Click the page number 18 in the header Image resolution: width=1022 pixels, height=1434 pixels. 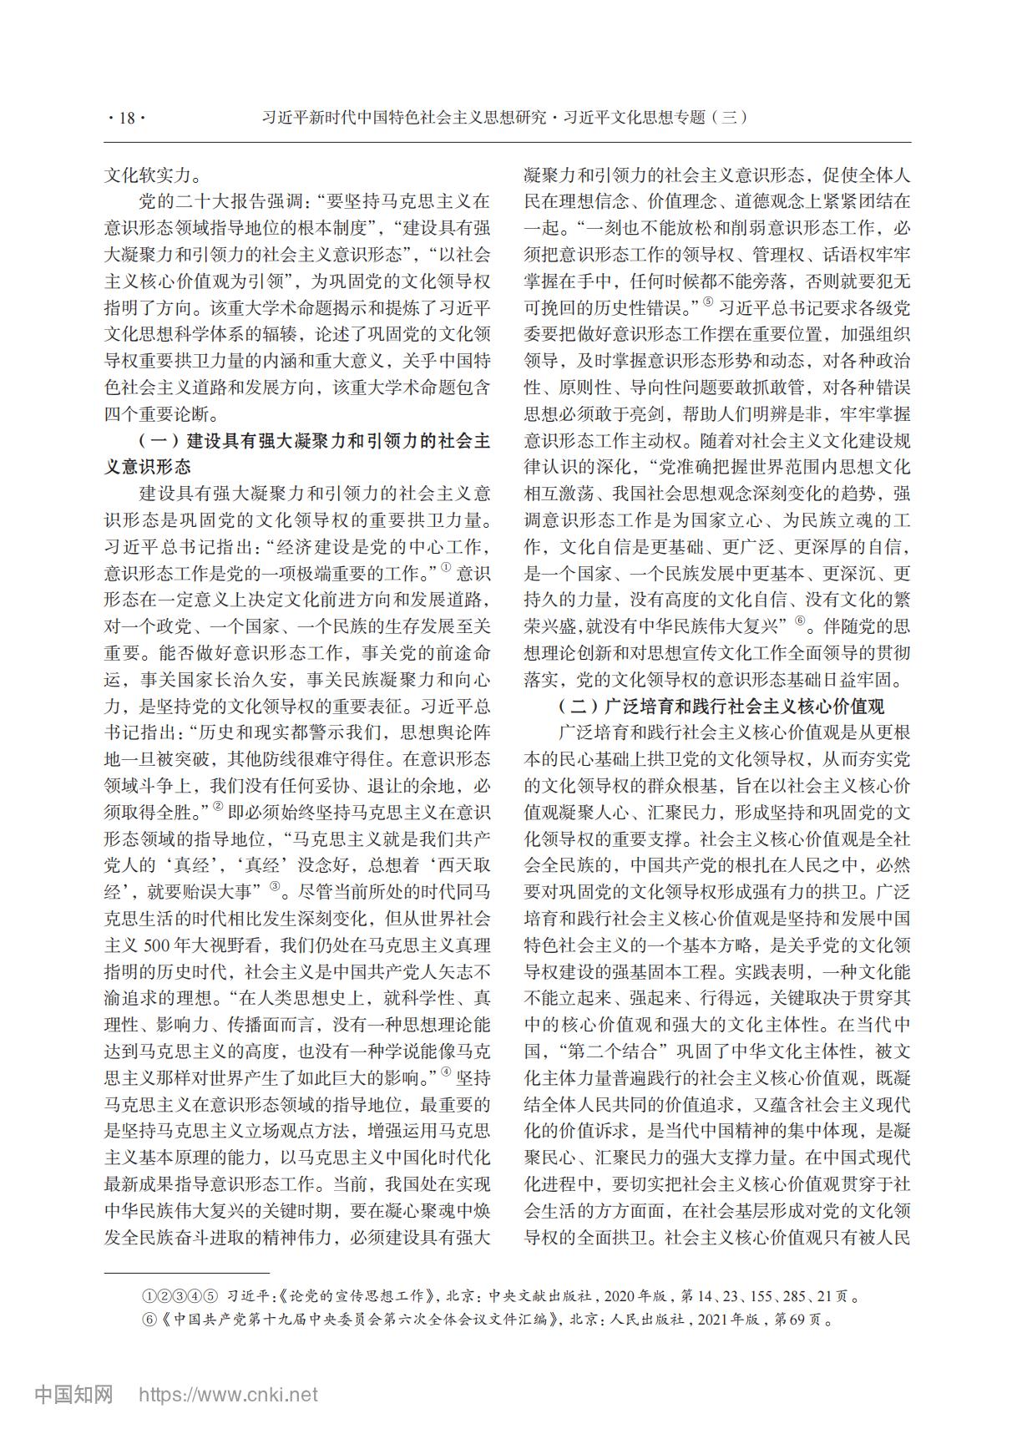point(127,118)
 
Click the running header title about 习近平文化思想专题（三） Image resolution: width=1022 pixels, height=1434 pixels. point(503,118)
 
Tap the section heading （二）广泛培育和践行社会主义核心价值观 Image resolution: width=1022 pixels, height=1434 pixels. point(721,707)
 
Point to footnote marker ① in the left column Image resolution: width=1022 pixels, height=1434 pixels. point(445,570)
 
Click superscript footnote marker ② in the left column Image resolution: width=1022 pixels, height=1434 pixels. point(218,807)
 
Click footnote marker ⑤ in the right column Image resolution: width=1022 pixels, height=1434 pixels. point(708,302)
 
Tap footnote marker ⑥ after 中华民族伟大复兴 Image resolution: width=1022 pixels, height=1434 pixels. point(800,621)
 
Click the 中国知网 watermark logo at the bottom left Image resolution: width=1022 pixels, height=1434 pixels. point(73,1394)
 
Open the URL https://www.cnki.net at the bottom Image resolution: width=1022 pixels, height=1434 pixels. point(228,1394)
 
